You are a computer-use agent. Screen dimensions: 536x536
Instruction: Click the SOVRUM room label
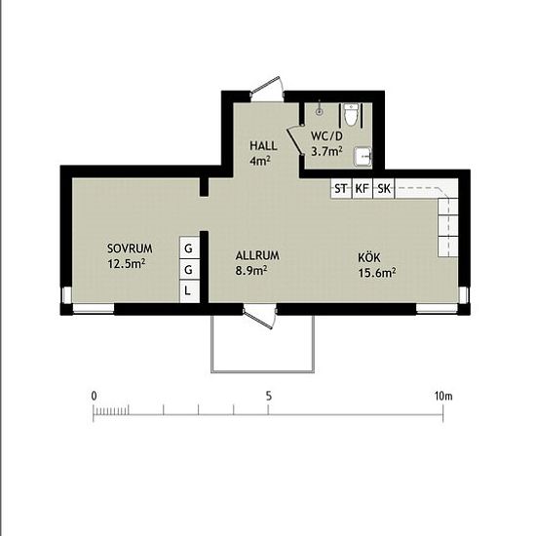130,249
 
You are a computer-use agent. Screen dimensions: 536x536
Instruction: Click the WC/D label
327,136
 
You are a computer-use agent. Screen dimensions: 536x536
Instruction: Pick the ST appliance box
341,188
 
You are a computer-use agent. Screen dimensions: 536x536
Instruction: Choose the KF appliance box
363,188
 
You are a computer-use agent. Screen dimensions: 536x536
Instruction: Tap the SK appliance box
384,188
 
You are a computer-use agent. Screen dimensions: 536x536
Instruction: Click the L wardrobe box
188,290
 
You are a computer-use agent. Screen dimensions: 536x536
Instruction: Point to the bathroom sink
363,156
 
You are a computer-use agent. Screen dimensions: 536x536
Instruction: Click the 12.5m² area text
128,263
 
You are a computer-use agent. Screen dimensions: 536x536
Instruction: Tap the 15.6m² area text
376,273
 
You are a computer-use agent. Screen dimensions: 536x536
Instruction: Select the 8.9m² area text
251,271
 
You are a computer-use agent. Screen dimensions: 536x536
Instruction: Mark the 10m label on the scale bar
443,396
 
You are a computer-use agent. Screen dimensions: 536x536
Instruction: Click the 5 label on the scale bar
268,396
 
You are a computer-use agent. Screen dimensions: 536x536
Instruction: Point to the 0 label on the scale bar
94,396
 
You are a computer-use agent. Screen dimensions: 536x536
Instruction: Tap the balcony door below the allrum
259,316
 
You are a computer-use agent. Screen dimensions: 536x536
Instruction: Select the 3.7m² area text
325,151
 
